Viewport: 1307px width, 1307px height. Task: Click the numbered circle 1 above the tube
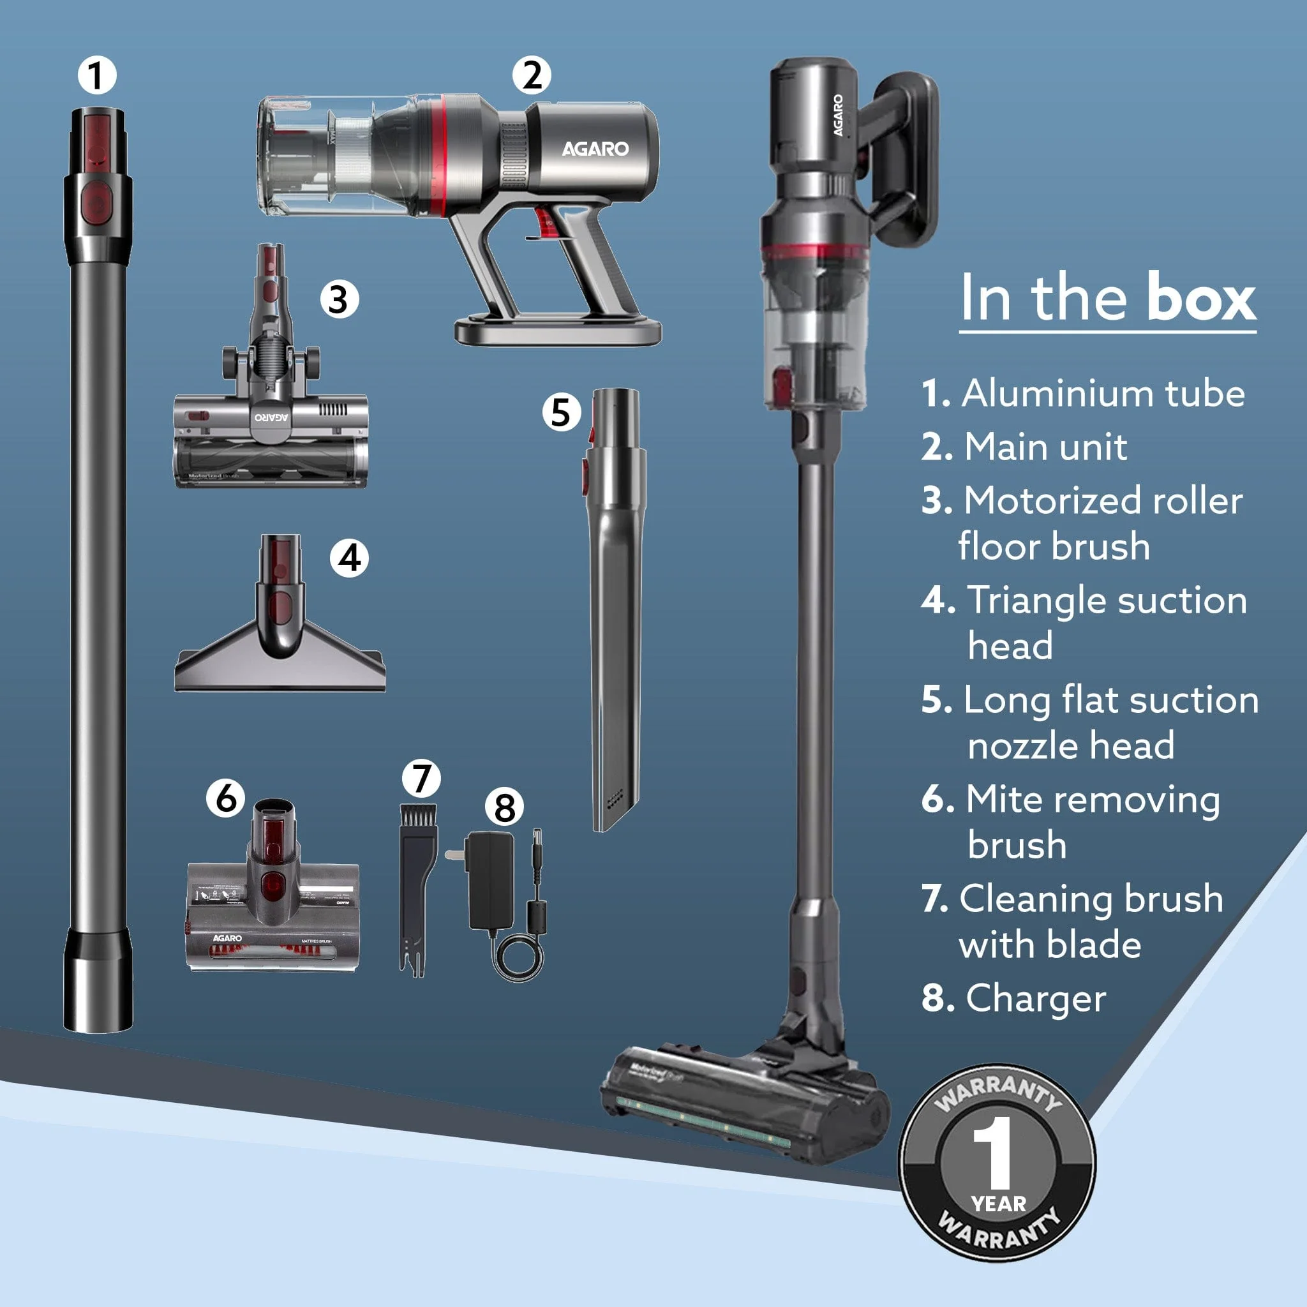[97, 75]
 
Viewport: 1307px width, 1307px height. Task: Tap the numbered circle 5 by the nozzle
[561, 412]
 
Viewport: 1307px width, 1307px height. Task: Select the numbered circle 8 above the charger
[505, 807]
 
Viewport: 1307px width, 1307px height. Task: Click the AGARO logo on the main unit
[595, 149]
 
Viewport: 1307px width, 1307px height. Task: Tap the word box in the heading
[1200, 298]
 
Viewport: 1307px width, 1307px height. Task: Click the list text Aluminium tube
[1103, 393]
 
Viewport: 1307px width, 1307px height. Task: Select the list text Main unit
[1045, 447]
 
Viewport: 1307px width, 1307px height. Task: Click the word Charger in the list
[1036, 998]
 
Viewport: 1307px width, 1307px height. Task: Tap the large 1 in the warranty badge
[992, 1153]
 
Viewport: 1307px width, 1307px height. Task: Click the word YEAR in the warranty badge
[999, 1204]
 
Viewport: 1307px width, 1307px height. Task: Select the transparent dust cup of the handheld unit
[318, 156]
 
